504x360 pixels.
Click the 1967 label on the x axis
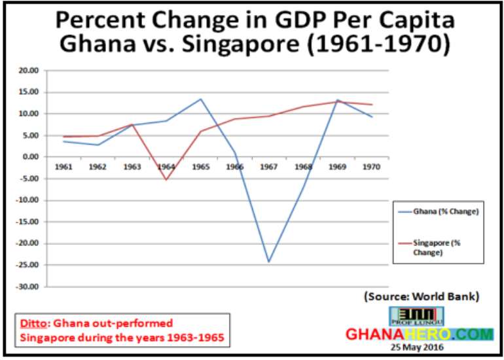pos(269,167)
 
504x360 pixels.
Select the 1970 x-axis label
pos(372,167)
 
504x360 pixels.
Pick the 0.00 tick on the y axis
pos(31,157)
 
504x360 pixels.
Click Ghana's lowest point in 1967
pos(268,262)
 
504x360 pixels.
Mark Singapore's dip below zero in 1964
pos(166,180)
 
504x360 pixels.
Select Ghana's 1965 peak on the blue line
pos(200,99)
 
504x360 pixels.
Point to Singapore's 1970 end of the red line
pos(372,105)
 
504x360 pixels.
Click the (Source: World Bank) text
pos(422,297)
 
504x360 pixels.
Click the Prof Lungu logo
pos(416,316)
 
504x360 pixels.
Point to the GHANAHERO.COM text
pos(420,334)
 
